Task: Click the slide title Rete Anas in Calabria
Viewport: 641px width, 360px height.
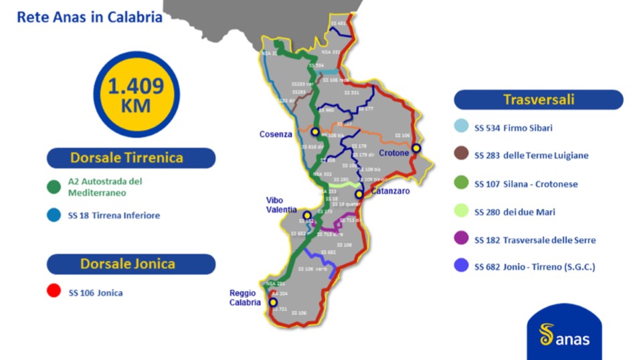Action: coord(90,17)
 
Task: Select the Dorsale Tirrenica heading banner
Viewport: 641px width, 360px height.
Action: coord(131,158)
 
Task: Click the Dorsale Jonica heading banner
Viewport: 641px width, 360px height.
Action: coord(131,264)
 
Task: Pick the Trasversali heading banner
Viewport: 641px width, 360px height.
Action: coord(539,100)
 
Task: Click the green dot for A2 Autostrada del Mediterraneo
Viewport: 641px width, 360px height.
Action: coord(54,187)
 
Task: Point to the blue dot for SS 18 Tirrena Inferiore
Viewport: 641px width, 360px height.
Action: coord(54,215)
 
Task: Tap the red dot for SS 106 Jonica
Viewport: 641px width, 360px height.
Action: coord(54,292)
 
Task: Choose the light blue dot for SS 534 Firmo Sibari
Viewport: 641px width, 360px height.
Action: coord(462,127)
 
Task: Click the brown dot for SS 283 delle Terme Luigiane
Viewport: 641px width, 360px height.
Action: coord(462,155)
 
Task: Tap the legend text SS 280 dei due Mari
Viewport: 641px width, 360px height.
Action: coord(515,212)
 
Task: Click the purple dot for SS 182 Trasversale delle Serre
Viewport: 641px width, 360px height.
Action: coord(462,240)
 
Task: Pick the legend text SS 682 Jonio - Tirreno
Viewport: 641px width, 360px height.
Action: coord(535,267)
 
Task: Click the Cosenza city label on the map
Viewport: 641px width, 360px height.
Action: coord(276,134)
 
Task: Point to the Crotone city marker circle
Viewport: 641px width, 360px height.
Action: coord(416,148)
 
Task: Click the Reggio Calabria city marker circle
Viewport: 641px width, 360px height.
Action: coord(273,302)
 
